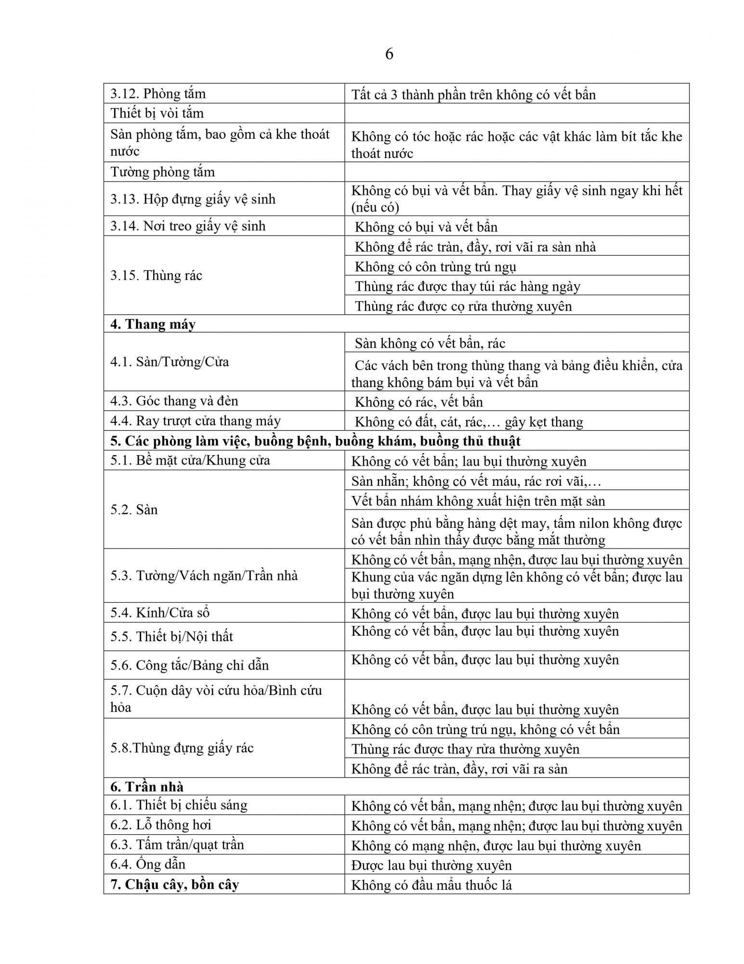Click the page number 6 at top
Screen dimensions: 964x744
(389, 54)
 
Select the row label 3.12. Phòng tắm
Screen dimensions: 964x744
(158, 94)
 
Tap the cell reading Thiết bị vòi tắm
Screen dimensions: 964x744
(157, 113)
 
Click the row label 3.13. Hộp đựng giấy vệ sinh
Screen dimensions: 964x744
(193, 199)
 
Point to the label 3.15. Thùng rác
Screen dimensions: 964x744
(156, 275)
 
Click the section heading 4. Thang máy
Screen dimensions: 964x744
(153, 324)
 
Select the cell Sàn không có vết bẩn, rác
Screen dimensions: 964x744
(430, 343)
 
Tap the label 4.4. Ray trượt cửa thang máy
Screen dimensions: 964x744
(195, 421)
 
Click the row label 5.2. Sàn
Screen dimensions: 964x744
(134, 509)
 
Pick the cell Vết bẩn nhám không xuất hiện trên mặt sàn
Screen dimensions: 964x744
(478, 501)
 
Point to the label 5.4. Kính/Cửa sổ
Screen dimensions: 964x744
(160, 613)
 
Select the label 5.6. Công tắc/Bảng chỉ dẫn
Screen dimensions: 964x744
(189, 665)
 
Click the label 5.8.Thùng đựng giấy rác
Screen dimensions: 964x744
(182, 748)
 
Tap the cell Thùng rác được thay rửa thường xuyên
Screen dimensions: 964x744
(465, 749)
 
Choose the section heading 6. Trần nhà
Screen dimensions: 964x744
(147, 787)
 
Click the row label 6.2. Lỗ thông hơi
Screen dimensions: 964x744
(161, 825)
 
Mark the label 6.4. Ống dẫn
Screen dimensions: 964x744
(148, 864)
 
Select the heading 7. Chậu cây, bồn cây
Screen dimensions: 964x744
(174, 884)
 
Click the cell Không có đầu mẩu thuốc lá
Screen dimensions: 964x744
(431, 885)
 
